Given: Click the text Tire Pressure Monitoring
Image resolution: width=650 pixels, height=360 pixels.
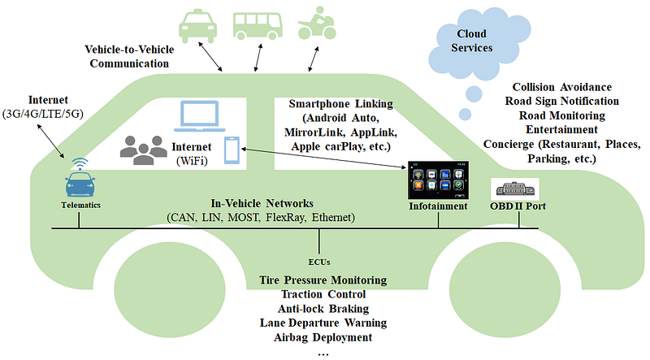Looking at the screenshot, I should (323, 280).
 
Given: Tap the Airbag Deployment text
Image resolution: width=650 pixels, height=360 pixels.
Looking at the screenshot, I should (323, 337).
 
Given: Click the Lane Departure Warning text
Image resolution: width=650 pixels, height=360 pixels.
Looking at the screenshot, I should (323, 323).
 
